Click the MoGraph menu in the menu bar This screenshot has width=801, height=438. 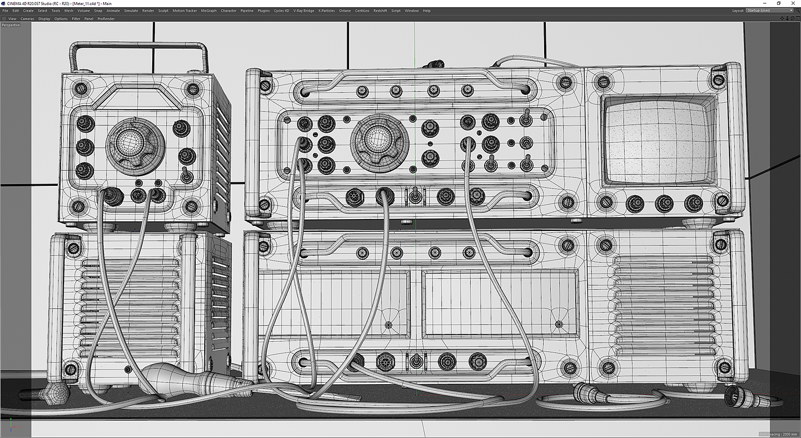209,11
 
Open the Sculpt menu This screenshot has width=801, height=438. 163,11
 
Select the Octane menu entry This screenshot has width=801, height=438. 344,11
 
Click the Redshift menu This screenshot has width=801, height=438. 380,11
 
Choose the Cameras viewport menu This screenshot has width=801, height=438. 27,18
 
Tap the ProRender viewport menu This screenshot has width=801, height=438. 106,18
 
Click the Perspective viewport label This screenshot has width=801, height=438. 11,25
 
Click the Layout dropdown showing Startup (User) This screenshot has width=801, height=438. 770,11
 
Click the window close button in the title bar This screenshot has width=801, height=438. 793,3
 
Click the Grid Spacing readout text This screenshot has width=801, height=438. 777,434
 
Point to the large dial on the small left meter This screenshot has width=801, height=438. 135,146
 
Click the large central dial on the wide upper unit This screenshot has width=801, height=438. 379,144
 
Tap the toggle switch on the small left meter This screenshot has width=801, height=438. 187,175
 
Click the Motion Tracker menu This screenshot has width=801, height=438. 184,11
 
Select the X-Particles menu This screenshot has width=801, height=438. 327,11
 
